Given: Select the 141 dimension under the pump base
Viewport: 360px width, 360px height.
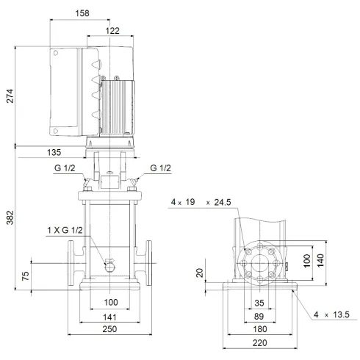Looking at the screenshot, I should click(110, 317).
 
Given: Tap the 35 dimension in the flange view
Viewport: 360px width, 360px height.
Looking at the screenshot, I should click(258, 302).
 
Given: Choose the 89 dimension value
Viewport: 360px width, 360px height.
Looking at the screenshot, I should click(258, 316).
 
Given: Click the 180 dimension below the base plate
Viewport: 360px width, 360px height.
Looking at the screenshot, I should click(258, 331).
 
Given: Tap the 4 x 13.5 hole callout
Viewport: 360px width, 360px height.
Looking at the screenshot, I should click(332, 315).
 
